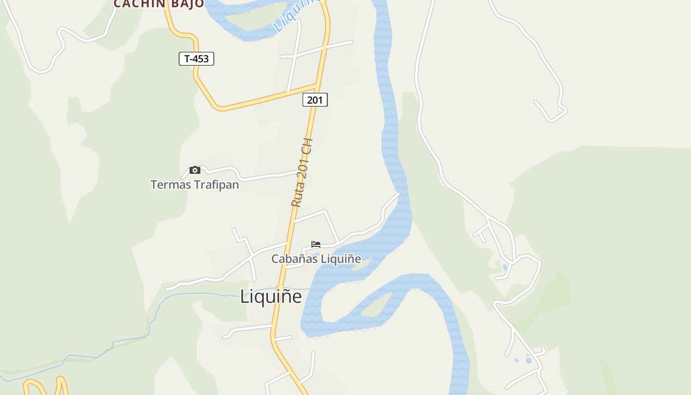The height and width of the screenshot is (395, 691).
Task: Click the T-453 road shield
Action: coord(196,59)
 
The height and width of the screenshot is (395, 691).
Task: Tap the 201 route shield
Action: coord(315,100)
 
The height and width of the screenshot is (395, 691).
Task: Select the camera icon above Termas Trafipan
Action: coord(195,170)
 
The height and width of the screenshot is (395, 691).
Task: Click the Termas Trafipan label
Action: coord(194,185)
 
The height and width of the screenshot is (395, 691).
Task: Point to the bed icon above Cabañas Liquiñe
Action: coord(316,244)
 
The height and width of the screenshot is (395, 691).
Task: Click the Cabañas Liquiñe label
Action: coord(316,259)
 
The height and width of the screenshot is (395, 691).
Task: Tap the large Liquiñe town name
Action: coord(270,296)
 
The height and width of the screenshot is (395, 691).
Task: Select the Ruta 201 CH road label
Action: coord(302,172)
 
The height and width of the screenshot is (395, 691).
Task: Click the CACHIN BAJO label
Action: coord(158,4)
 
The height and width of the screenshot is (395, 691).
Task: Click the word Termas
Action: coord(171,185)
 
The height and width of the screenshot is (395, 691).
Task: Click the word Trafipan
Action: coord(216,185)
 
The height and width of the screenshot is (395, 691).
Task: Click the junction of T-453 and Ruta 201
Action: coord(316,86)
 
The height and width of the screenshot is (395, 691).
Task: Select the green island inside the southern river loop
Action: coord(376,306)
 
